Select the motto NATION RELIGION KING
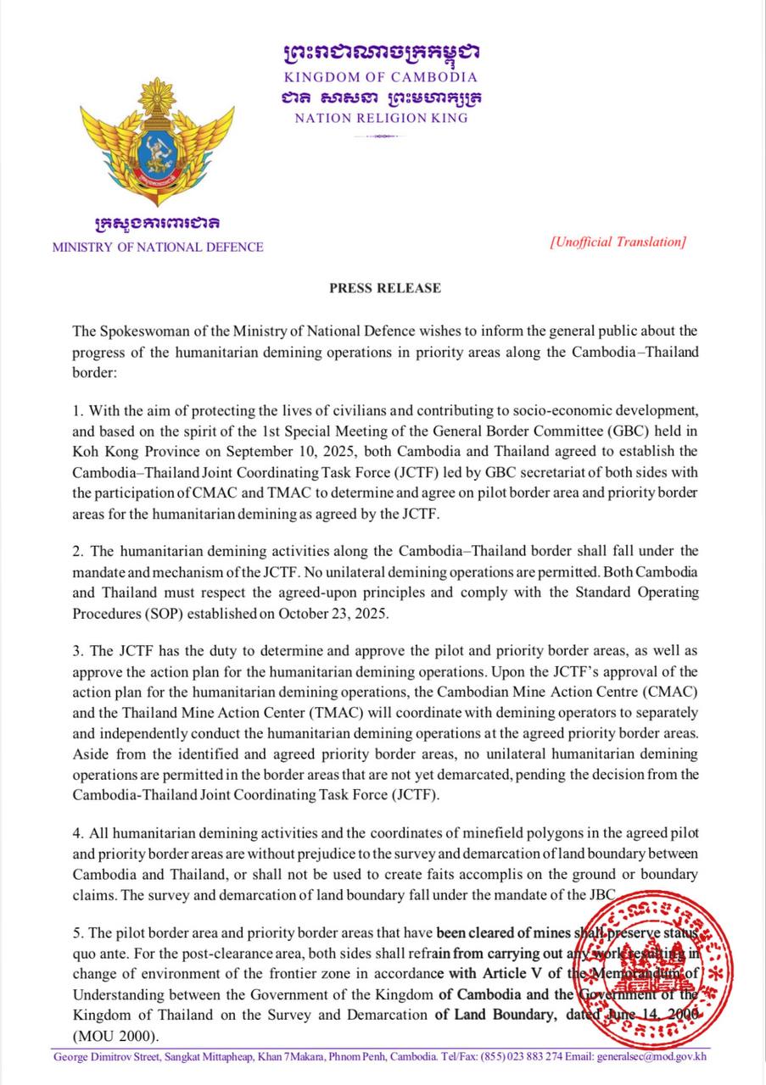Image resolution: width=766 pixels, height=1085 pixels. [381, 119]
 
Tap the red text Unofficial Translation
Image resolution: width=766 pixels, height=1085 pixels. [618, 242]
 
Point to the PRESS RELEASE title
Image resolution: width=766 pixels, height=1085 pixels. [385, 288]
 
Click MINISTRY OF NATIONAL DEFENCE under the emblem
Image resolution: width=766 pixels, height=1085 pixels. [158, 248]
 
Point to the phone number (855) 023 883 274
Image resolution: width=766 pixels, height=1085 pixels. [521, 1057]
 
